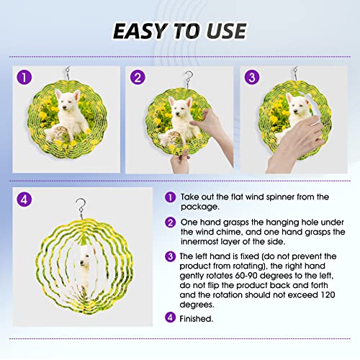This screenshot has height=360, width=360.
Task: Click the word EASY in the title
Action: pos(140,31)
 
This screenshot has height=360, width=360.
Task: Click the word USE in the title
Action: pos(227,31)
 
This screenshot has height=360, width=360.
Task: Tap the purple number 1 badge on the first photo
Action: pos(24,77)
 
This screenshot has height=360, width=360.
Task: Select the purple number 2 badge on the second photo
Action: pos(138,77)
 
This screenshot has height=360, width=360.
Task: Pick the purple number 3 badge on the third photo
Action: pos(252,77)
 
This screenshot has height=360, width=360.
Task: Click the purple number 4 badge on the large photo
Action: pos(24,199)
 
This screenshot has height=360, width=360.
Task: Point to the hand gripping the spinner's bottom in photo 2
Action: pos(181,161)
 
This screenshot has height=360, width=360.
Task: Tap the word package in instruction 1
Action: pos(200,207)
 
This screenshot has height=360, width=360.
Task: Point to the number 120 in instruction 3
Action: pos(328,294)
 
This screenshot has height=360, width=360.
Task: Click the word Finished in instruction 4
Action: pos(196,319)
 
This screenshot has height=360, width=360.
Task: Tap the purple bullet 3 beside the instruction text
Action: pos(170,256)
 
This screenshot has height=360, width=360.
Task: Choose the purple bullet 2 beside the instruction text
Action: pos(170,222)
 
